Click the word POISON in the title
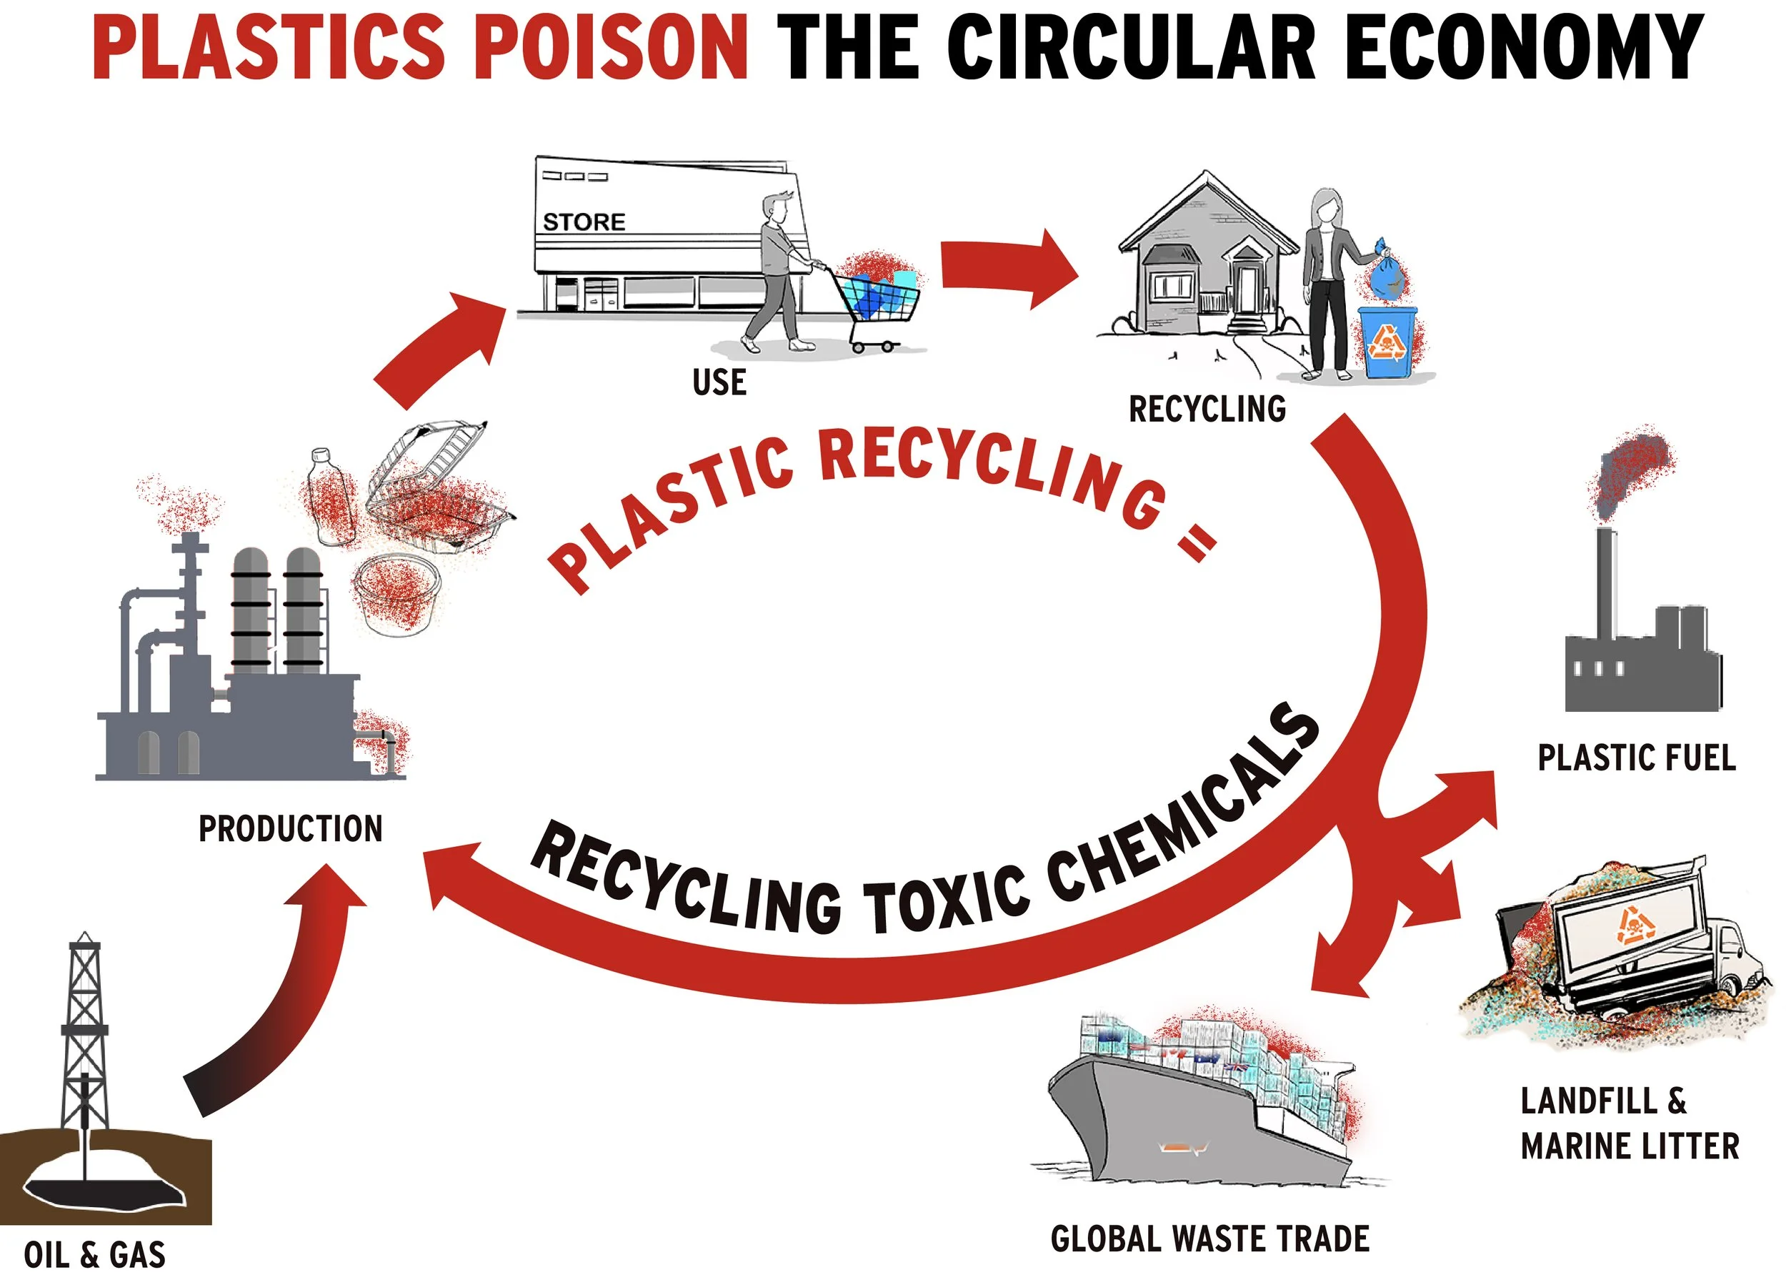coord(612,47)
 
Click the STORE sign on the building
coord(584,222)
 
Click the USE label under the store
coord(719,383)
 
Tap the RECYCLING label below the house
coord(1207,409)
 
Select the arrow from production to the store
coord(439,345)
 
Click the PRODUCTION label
coord(290,829)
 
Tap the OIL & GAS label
coord(94,1254)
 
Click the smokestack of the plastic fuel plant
coord(1606,581)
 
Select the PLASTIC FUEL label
coord(1636,758)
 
